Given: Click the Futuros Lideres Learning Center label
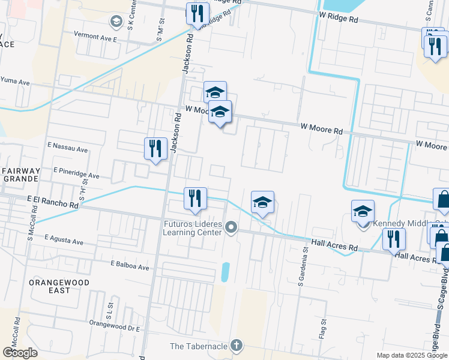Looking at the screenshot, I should point(192,228).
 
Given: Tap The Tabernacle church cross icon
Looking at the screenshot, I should point(237,345).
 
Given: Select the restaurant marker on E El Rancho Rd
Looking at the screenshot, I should point(195,199).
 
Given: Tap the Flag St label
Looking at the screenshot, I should point(323,329).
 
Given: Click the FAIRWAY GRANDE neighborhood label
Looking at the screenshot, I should point(20,175).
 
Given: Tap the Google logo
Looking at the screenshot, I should point(20,353).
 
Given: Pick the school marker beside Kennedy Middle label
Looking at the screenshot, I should point(363,213).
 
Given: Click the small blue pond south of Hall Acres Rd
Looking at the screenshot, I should point(225,272).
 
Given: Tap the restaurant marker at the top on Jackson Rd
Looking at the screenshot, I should point(197,13).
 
